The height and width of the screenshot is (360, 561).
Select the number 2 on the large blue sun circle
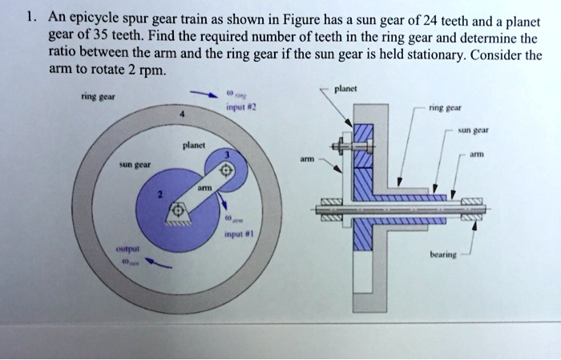point(159,195)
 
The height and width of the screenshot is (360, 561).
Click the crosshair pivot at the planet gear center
point(225,172)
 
